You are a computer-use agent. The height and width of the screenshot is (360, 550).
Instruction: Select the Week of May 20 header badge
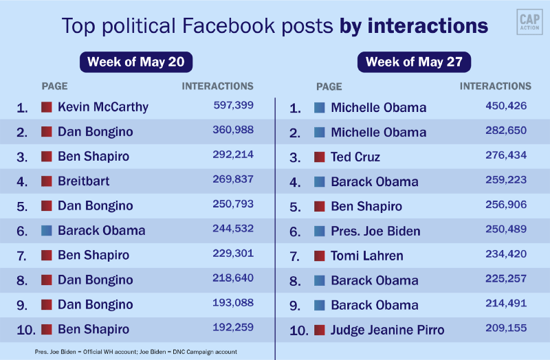[135, 62]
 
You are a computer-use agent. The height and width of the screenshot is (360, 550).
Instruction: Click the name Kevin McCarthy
[103, 107]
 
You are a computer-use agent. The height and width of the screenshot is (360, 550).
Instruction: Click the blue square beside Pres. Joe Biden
[319, 231]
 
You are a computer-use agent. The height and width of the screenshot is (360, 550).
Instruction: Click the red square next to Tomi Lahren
[319, 256]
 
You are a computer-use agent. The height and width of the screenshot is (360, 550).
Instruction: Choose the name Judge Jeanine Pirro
[387, 330]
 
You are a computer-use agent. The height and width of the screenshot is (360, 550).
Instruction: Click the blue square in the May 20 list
[47, 231]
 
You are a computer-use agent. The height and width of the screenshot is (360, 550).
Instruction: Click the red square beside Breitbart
[47, 181]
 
